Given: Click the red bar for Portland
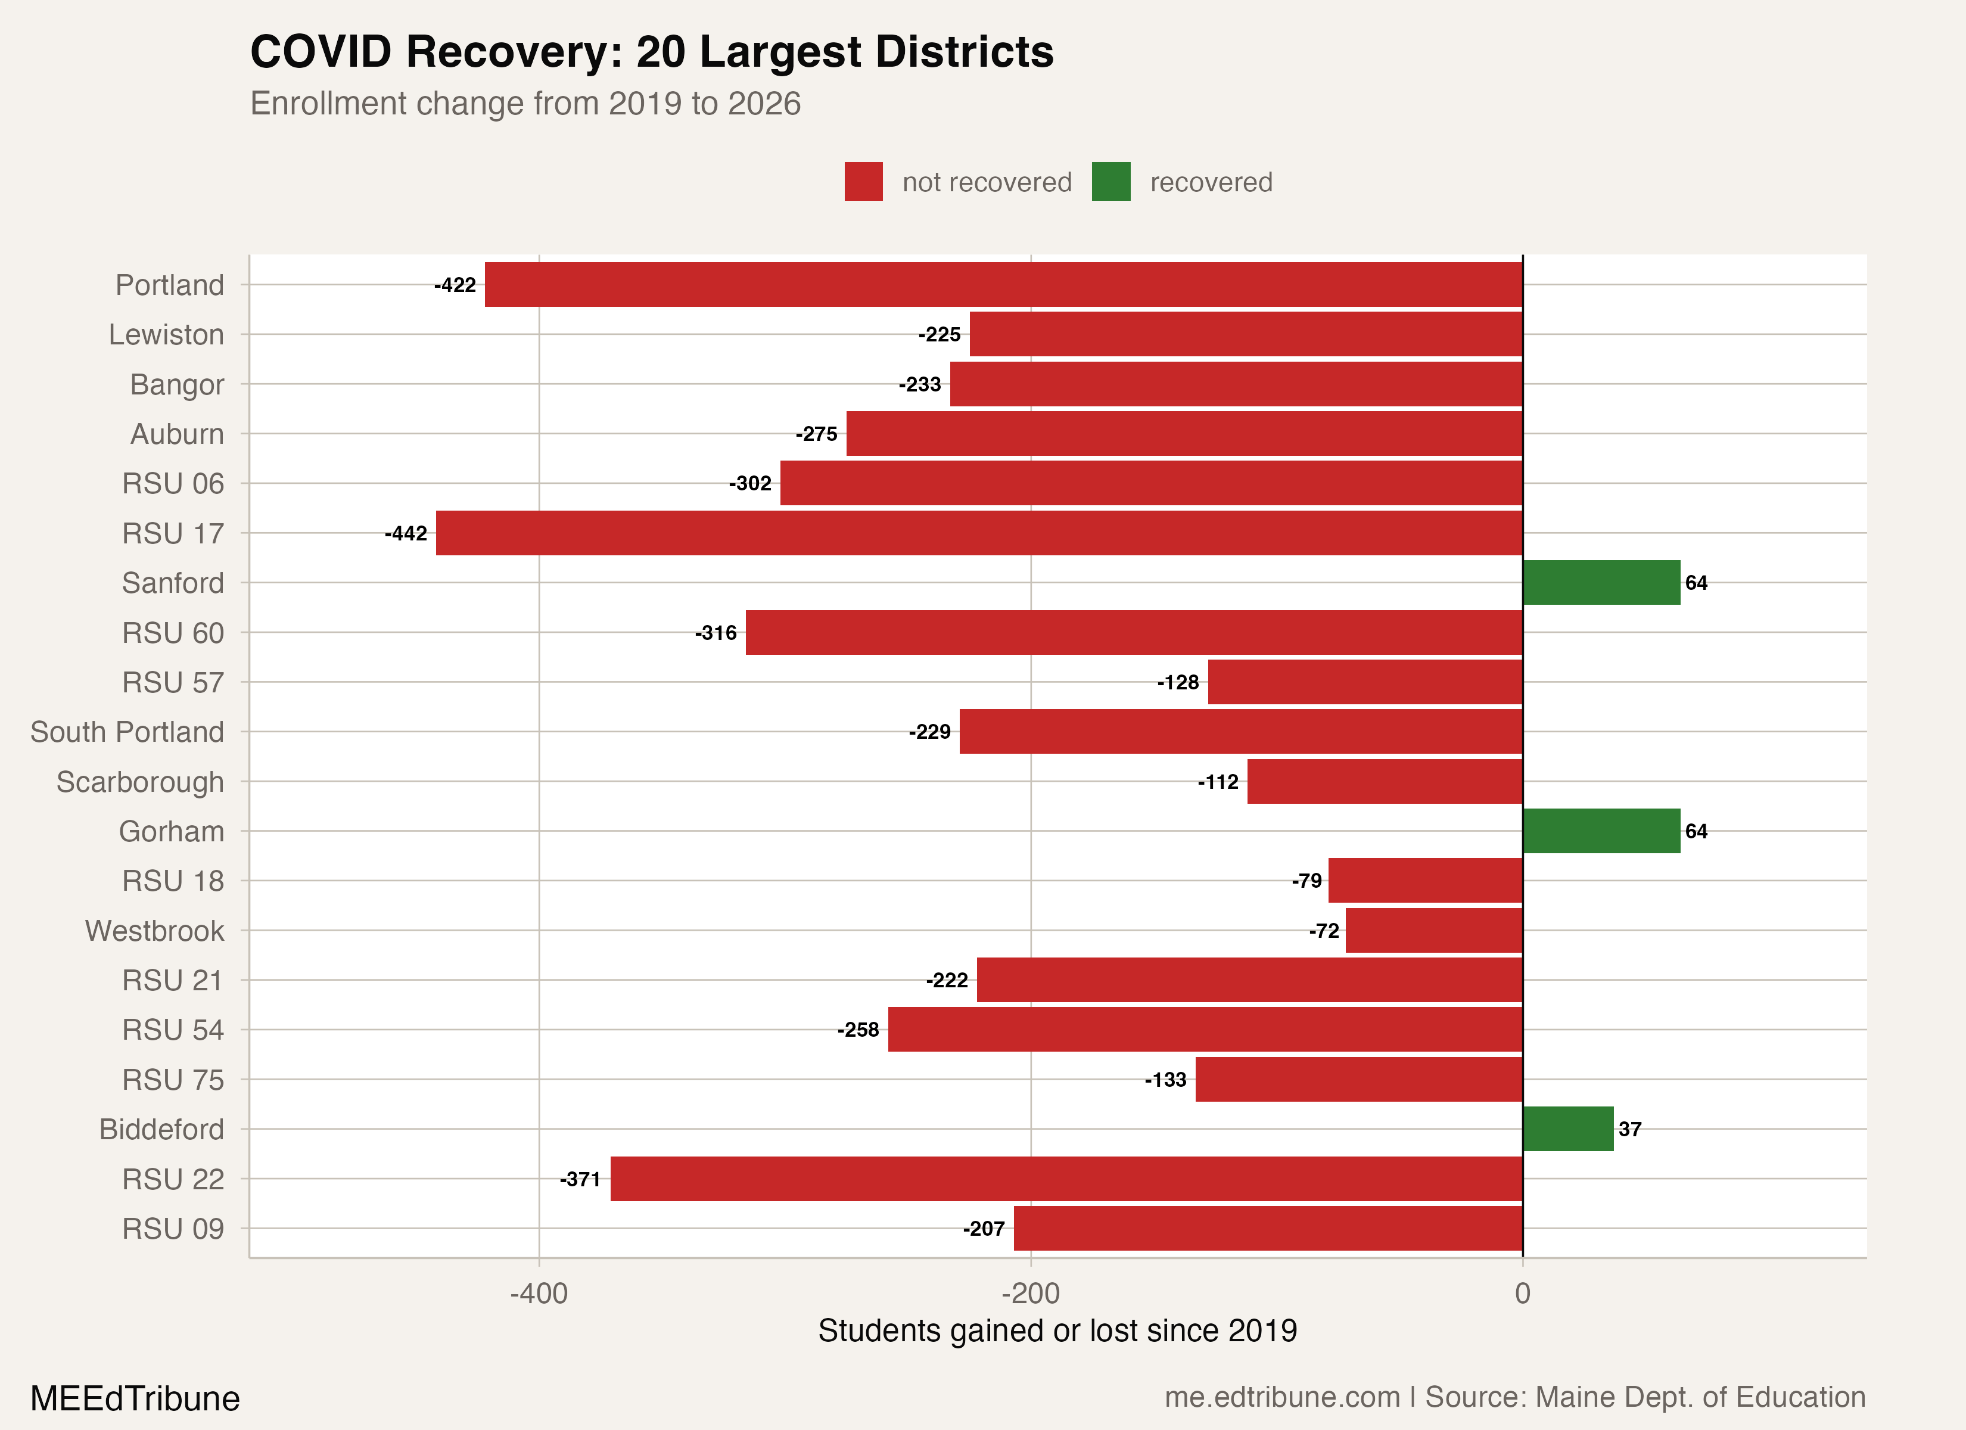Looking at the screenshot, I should pos(1003,284).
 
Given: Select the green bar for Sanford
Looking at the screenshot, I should pos(1601,583).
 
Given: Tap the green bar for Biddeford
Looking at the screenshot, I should pos(1567,1129).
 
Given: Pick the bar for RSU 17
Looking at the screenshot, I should pos(979,533).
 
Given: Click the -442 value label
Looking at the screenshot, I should pos(406,533).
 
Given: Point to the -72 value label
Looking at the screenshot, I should pos(1324,931).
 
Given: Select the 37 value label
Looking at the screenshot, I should pos(1629,1129).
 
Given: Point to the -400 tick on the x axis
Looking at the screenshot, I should pos(539,1293).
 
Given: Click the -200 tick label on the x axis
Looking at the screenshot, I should pos(1030,1293).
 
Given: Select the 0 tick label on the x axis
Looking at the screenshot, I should pos(1522,1293).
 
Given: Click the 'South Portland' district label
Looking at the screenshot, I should pos(127,732).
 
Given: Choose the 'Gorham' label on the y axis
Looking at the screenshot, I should pos(171,832).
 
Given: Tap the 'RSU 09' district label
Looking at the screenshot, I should pos(173,1229).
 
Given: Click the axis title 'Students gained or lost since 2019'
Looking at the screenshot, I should pos(1057,1330).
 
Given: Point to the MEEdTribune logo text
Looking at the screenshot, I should pos(135,1398).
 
